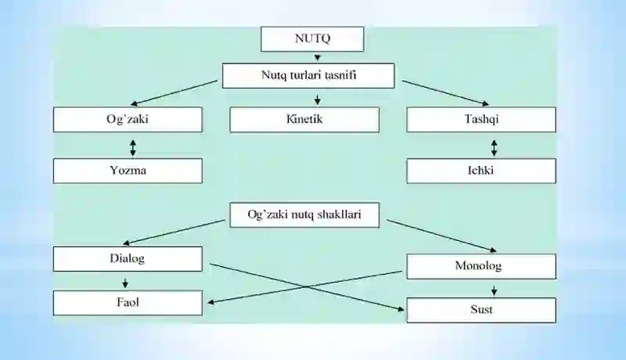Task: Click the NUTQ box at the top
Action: click(x=312, y=39)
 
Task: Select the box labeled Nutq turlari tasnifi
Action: click(x=308, y=75)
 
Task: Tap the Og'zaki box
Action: click(x=128, y=119)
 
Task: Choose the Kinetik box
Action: click(x=304, y=119)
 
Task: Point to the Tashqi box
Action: click(x=481, y=119)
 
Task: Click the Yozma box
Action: click(x=128, y=171)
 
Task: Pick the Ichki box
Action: click(x=481, y=171)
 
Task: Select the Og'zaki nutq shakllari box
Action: click(x=304, y=215)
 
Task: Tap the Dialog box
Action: click(x=128, y=258)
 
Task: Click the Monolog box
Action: click(x=481, y=266)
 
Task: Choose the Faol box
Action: click(x=128, y=303)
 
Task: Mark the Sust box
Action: click(x=481, y=310)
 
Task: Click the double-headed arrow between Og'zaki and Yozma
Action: click(x=133, y=148)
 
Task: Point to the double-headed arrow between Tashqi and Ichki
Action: click(x=495, y=148)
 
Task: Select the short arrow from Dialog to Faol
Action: click(x=125, y=283)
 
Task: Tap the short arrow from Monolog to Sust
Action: click(x=495, y=290)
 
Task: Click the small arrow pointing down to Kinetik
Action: click(x=318, y=99)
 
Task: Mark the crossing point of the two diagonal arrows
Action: click(x=306, y=286)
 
